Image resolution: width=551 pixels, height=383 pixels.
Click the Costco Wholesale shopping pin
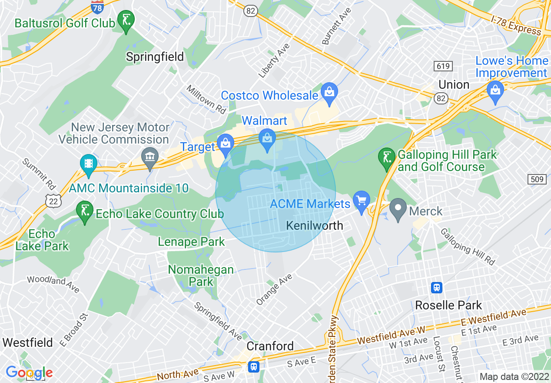(x=329, y=93)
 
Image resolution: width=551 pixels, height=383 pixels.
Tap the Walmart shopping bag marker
(x=267, y=139)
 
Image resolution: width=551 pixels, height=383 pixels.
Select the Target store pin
(x=226, y=144)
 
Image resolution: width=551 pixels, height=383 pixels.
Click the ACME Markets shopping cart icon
(x=361, y=201)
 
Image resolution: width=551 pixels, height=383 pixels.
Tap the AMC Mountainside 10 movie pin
(x=89, y=164)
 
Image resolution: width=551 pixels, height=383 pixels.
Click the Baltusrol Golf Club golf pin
(x=126, y=20)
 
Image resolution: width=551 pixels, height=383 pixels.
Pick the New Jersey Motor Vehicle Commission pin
(x=150, y=157)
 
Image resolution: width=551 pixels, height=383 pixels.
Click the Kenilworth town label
(x=315, y=225)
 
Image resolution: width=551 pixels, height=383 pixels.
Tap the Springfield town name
(x=155, y=57)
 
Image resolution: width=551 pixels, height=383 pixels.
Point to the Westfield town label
(x=28, y=343)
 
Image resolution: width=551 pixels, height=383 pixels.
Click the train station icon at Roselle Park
(x=436, y=287)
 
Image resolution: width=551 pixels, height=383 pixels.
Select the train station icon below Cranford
(x=253, y=366)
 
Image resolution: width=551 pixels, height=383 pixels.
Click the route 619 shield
(x=443, y=66)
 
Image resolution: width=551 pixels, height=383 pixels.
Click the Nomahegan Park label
(x=201, y=275)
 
